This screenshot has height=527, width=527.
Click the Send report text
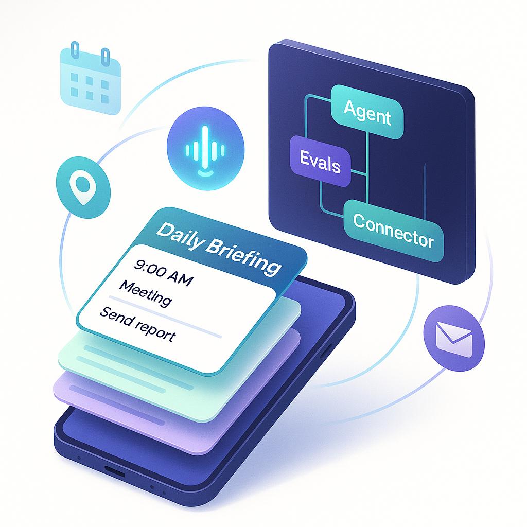point(137,324)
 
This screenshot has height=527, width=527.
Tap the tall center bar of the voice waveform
point(206,144)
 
